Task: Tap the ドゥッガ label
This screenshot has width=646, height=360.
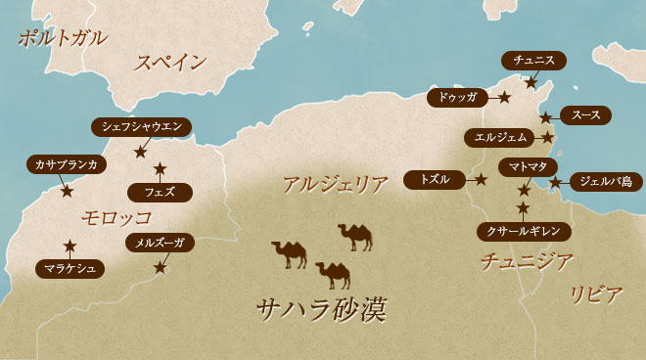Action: click(458, 98)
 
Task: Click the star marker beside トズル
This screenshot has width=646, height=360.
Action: click(482, 180)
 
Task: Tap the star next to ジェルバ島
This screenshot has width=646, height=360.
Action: click(555, 182)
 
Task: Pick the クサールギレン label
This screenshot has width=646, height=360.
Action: click(524, 231)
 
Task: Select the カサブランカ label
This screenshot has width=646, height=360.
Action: click(66, 164)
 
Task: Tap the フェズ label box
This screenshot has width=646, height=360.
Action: click(160, 192)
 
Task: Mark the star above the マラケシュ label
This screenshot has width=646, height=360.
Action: click(69, 246)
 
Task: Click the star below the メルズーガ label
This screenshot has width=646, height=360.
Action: click(161, 266)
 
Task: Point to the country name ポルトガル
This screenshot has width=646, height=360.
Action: click(63, 39)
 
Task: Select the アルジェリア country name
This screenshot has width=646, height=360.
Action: click(335, 183)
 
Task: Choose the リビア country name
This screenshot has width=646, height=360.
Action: click(596, 294)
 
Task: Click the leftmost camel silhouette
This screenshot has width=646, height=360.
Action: click(290, 254)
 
